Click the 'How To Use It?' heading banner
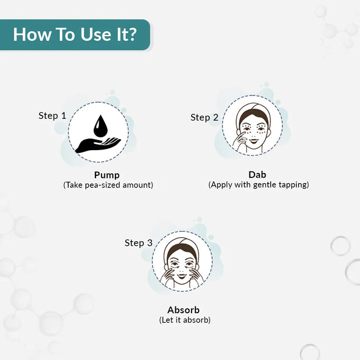pos(75,35)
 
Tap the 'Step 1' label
pos(52,116)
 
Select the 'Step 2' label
pos(204,118)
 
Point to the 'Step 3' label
pos(138,243)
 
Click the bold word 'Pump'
pos(107,175)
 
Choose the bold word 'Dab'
pos(257,175)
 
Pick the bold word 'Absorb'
pos(184,310)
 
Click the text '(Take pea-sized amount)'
pos(108,185)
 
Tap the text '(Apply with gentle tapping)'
pos(258,185)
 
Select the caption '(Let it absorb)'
pos(185,320)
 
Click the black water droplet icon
pos(100,126)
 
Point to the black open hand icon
pos(98,145)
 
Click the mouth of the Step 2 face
pos(254,140)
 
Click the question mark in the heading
pos(131,35)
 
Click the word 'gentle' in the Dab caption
pos(265,185)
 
